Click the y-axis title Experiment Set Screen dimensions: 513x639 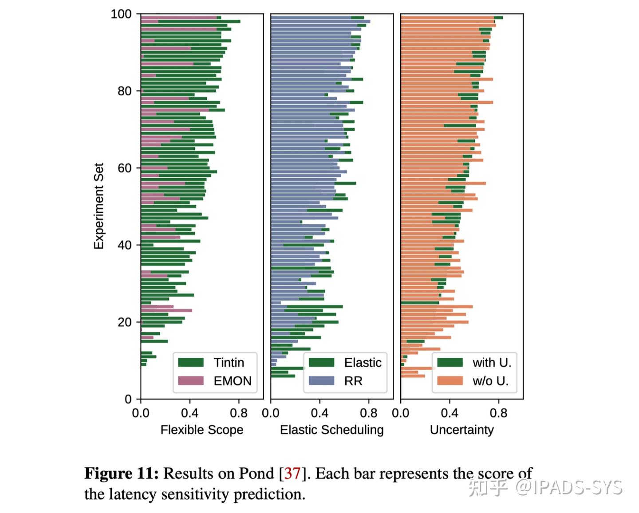[99, 206]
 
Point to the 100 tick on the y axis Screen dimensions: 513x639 [121, 14]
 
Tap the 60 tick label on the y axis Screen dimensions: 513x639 [124, 168]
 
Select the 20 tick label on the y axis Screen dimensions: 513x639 [124, 322]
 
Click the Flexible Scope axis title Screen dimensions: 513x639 [202, 430]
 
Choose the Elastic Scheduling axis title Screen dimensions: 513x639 [331, 430]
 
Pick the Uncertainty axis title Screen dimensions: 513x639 [461, 430]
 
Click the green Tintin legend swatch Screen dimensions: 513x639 [191, 363]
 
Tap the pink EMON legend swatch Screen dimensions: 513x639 [191, 381]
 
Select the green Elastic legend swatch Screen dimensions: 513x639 [321, 363]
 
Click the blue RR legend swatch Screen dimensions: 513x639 [321, 381]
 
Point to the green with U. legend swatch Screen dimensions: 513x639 [450, 363]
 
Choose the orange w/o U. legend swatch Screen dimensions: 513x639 [450, 381]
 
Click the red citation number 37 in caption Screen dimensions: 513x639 [292, 474]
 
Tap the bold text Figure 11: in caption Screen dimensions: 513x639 [122, 474]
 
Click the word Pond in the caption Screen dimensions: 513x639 [256, 474]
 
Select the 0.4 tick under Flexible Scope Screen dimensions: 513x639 [189, 413]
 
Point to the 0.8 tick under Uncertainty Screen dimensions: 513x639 [498, 413]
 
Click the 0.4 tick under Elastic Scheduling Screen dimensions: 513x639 [319, 413]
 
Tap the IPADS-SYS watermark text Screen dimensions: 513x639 [577, 487]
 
